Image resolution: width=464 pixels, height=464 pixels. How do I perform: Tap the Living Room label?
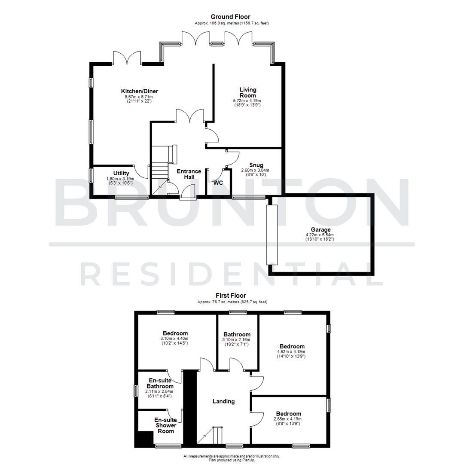[x=248, y=92]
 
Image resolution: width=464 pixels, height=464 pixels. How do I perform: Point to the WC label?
[x=218, y=183]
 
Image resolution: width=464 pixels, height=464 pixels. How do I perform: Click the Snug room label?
[x=256, y=165]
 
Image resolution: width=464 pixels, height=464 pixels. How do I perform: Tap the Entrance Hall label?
[x=189, y=174]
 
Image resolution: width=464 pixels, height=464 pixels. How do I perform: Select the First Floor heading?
[x=231, y=296]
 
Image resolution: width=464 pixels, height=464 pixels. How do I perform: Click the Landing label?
[x=224, y=401]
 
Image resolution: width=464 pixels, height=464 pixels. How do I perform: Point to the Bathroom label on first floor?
[x=237, y=335]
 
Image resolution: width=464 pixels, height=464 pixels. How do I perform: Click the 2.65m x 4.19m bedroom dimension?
[x=287, y=419]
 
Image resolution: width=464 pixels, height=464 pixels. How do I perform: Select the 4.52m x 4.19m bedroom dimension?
[x=292, y=351]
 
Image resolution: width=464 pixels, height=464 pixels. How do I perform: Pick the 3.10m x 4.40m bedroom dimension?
[x=175, y=338]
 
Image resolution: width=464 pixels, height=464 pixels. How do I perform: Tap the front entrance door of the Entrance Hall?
[x=188, y=192]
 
